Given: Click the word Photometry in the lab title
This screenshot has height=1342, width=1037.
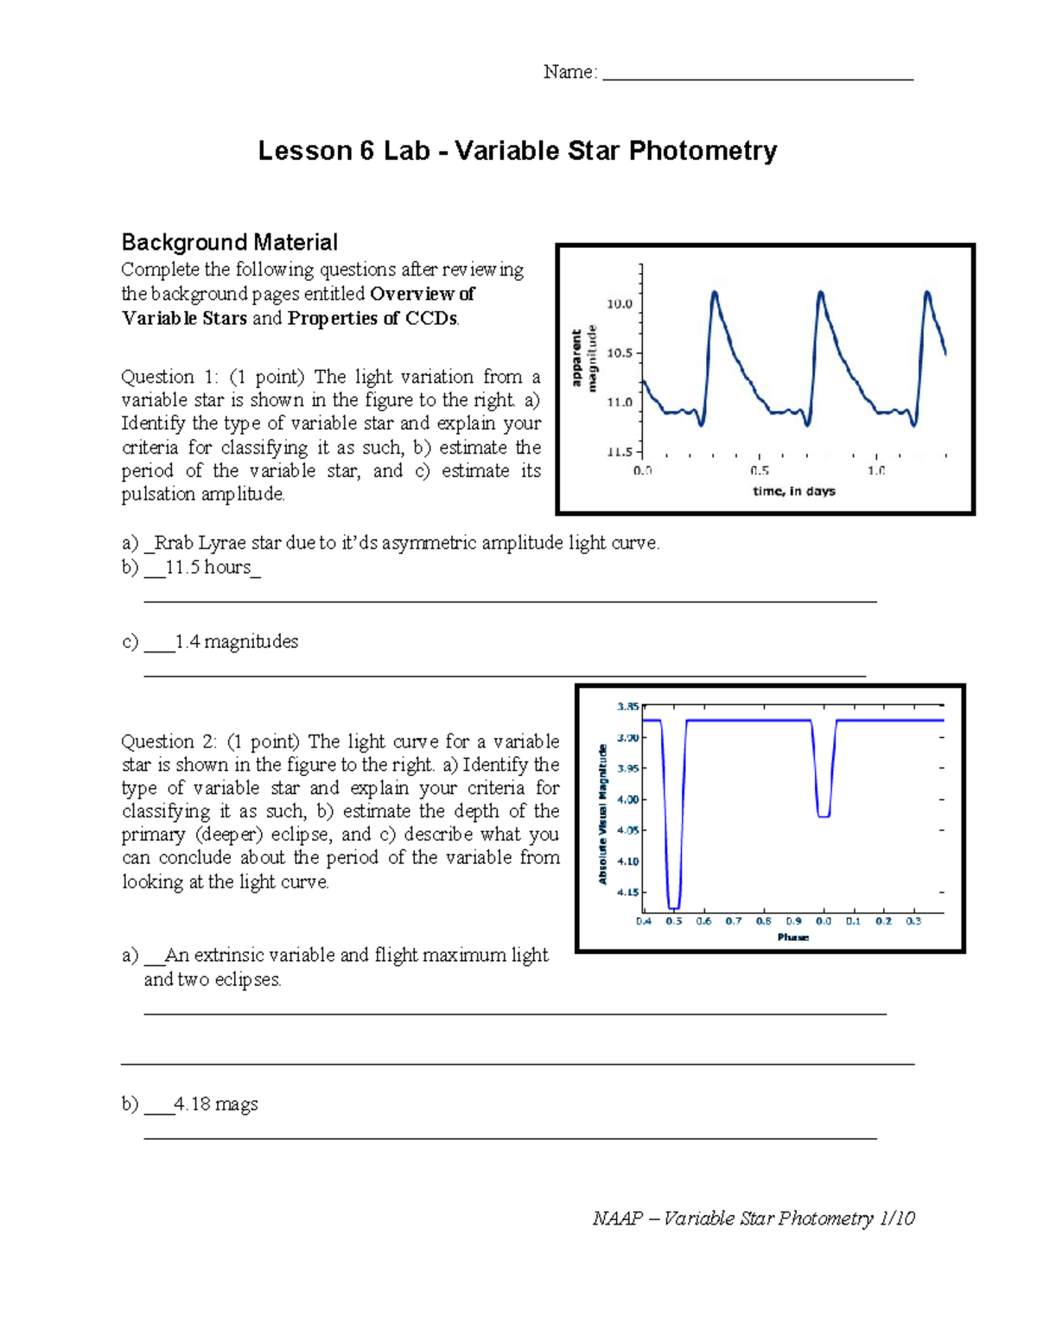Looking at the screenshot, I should click(x=703, y=151).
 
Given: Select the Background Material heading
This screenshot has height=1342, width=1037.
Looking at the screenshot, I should click(x=229, y=242).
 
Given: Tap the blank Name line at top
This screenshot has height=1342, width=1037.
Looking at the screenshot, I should click(x=757, y=73).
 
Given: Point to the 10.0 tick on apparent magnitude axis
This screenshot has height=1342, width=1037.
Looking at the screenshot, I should click(x=620, y=304).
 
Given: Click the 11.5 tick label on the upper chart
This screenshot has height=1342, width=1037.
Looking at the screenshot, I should click(x=620, y=451).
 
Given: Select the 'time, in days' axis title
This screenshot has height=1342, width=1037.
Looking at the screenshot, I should click(x=793, y=491).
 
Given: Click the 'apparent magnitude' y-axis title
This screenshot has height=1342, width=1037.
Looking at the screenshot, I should click(x=584, y=358).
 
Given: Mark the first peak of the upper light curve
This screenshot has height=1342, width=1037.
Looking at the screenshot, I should click(x=715, y=293).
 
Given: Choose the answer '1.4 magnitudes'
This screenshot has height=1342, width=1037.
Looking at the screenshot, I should click(x=236, y=642).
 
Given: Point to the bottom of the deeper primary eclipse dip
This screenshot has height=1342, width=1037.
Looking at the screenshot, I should click(x=674, y=907).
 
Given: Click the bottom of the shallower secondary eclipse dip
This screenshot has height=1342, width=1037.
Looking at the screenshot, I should click(x=824, y=816).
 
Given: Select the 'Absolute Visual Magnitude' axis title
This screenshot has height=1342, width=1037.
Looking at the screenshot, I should click(x=603, y=814).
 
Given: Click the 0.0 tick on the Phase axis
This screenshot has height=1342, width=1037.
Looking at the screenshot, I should click(x=824, y=921).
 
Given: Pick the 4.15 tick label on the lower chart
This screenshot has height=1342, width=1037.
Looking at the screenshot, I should click(x=627, y=892).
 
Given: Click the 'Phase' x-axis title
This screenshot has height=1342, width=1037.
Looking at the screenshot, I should click(x=792, y=938).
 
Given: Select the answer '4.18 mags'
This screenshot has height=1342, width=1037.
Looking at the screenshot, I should click(x=215, y=1104).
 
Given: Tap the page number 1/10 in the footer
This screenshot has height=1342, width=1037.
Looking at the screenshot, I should click(x=896, y=1218).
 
